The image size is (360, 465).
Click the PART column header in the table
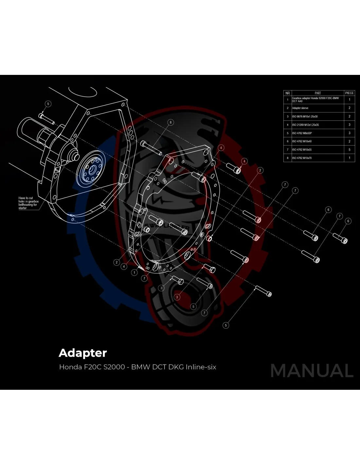coord(317,93)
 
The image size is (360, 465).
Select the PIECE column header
coord(349,93)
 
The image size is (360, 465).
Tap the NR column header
coord(288,93)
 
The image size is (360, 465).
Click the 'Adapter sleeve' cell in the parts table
coord(300,108)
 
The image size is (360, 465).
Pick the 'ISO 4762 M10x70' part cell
coord(302,158)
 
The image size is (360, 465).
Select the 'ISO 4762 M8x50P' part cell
coord(302,133)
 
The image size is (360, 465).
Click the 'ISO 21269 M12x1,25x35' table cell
coord(305,125)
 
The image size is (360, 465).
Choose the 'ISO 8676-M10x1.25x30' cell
coord(305,116)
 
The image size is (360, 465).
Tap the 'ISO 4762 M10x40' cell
coord(302,141)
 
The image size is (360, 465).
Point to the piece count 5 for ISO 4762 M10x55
coord(349,150)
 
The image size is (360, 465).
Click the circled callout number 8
coord(170,122)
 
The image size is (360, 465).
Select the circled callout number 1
coord(134,272)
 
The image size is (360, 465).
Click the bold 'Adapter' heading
coord(83,353)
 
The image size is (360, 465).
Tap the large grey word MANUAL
coord(312,370)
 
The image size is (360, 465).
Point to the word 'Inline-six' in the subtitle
coord(201,367)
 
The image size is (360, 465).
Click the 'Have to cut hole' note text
coord(28,203)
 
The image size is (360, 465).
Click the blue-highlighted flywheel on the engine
coord(90,169)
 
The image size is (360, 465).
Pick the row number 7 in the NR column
coord(288,150)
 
